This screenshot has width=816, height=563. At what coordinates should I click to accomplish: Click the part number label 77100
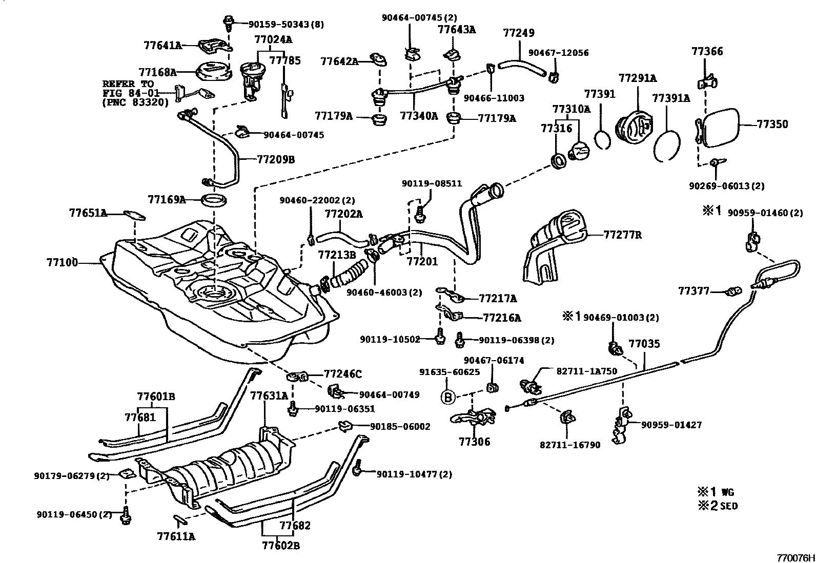[62, 263]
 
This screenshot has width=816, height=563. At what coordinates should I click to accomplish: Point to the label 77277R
[623, 235]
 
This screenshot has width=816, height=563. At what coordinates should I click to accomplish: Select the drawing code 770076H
[795, 557]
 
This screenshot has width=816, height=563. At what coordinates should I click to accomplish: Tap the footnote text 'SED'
[729, 506]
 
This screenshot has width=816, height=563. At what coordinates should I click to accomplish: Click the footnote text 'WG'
[728, 492]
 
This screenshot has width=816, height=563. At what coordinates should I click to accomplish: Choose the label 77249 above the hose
[519, 33]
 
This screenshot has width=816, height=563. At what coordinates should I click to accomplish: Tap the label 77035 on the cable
[644, 344]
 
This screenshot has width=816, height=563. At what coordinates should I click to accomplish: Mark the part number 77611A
[176, 536]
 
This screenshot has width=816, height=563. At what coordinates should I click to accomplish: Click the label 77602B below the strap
[280, 546]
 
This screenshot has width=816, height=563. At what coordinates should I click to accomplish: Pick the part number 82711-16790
[569, 445]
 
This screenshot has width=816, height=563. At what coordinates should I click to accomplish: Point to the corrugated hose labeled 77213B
[349, 274]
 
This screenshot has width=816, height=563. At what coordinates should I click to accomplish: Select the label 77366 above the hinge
[707, 51]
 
